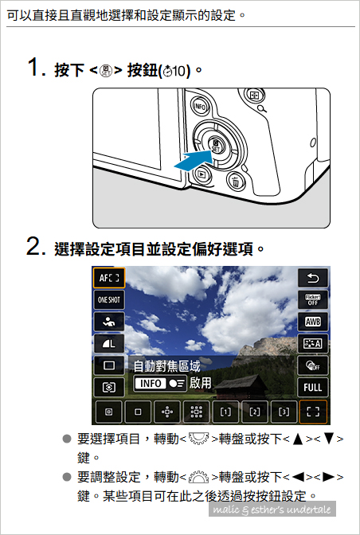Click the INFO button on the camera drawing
[x=200, y=107]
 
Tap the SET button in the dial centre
[x=216, y=146]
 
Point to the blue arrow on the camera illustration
[x=193, y=160]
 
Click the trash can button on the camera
[x=235, y=181]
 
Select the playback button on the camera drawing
[x=202, y=174]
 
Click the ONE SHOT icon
[x=109, y=300]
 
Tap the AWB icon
[x=312, y=322]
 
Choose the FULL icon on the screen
[x=312, y=387]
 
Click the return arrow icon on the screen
[x=312, y=278]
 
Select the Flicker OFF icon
[x=312, y=300]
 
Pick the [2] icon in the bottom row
[x=255, y=412]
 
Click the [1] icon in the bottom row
[x=225, y=412]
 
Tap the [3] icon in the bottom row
[x=284, y=412]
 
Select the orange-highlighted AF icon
[x=109, y=278]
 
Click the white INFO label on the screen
[x=151, y=384]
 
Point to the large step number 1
[x=35, y=67]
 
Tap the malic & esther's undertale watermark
[x=272, y=509]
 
